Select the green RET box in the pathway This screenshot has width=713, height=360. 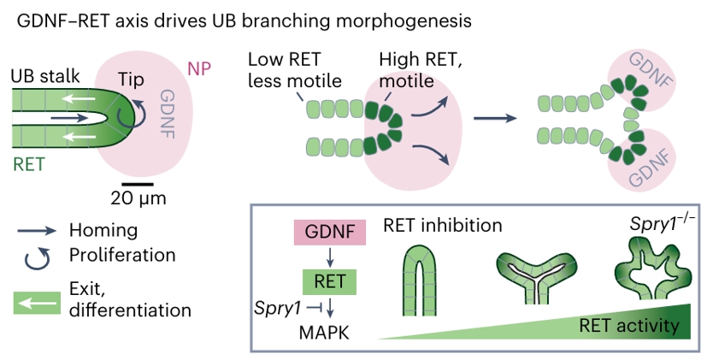[330, 280]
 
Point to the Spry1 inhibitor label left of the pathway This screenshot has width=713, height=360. [274, 305]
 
